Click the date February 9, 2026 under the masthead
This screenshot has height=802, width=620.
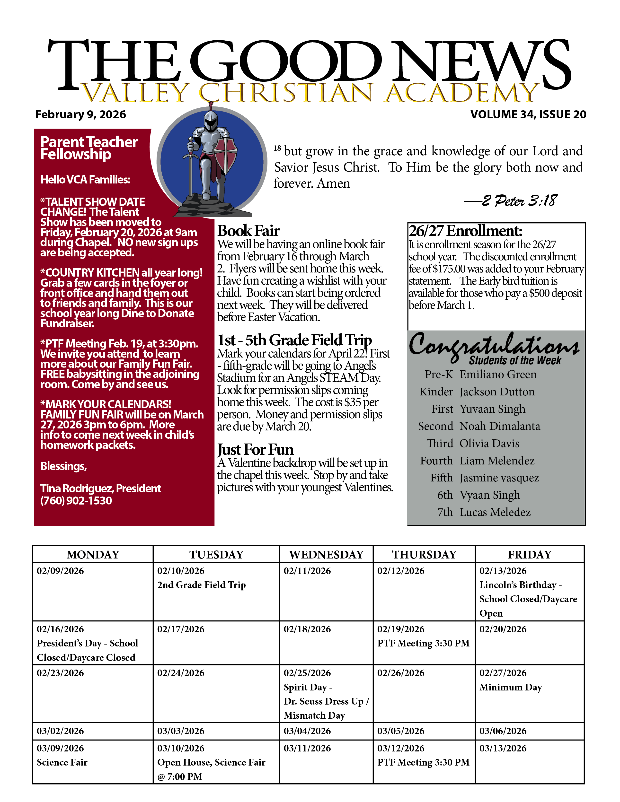click(80, 114)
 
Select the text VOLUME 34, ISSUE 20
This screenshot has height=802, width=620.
click(528, 114)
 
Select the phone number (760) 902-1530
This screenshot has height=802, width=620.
click(76, 500)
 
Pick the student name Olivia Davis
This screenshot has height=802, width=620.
click(489, 444)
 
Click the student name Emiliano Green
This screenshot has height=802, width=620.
click(498, 375)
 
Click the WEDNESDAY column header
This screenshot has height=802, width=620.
click(326, 555)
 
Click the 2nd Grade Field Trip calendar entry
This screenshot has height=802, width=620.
click(201, 585)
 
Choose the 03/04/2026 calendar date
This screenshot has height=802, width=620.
click(307, 731)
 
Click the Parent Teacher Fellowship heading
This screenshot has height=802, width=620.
click(89, 148)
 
